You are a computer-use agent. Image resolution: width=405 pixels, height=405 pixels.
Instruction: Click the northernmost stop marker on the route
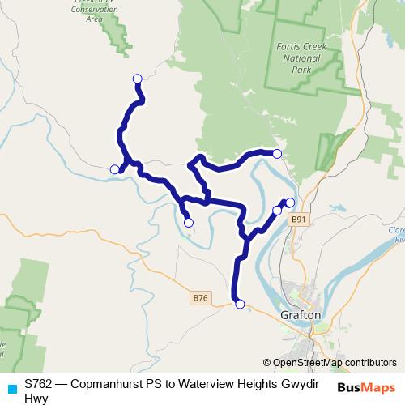coord(137,79)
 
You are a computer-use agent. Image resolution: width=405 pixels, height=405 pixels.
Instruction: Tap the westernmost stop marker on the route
coord(114,169)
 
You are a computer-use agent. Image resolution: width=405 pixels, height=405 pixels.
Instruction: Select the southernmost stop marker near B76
coord(239,304)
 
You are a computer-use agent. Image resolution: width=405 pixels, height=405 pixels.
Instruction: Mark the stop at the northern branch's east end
coord(277,153)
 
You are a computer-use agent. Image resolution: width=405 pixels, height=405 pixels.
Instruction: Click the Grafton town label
coord(301,314)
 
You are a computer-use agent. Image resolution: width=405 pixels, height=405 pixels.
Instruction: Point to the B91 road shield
coord(300,219)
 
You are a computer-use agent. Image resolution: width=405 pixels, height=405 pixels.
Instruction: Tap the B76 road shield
coord(201,298)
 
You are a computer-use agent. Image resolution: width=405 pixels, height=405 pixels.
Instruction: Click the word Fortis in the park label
coord(289,47)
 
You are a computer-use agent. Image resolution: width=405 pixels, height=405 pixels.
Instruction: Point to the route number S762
coord(40,382)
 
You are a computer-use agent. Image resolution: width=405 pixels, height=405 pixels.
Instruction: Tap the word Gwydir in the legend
coord(301,382)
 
